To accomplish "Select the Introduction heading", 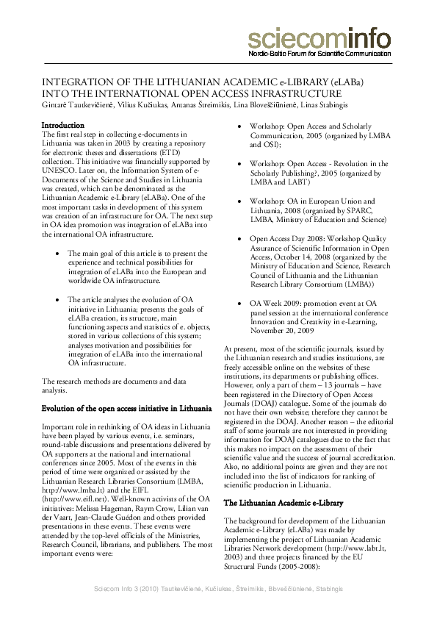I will click(x=63, y=126).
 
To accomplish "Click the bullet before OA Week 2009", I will click(x=241, y=303).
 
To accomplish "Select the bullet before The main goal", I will click(x=59, y=253).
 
